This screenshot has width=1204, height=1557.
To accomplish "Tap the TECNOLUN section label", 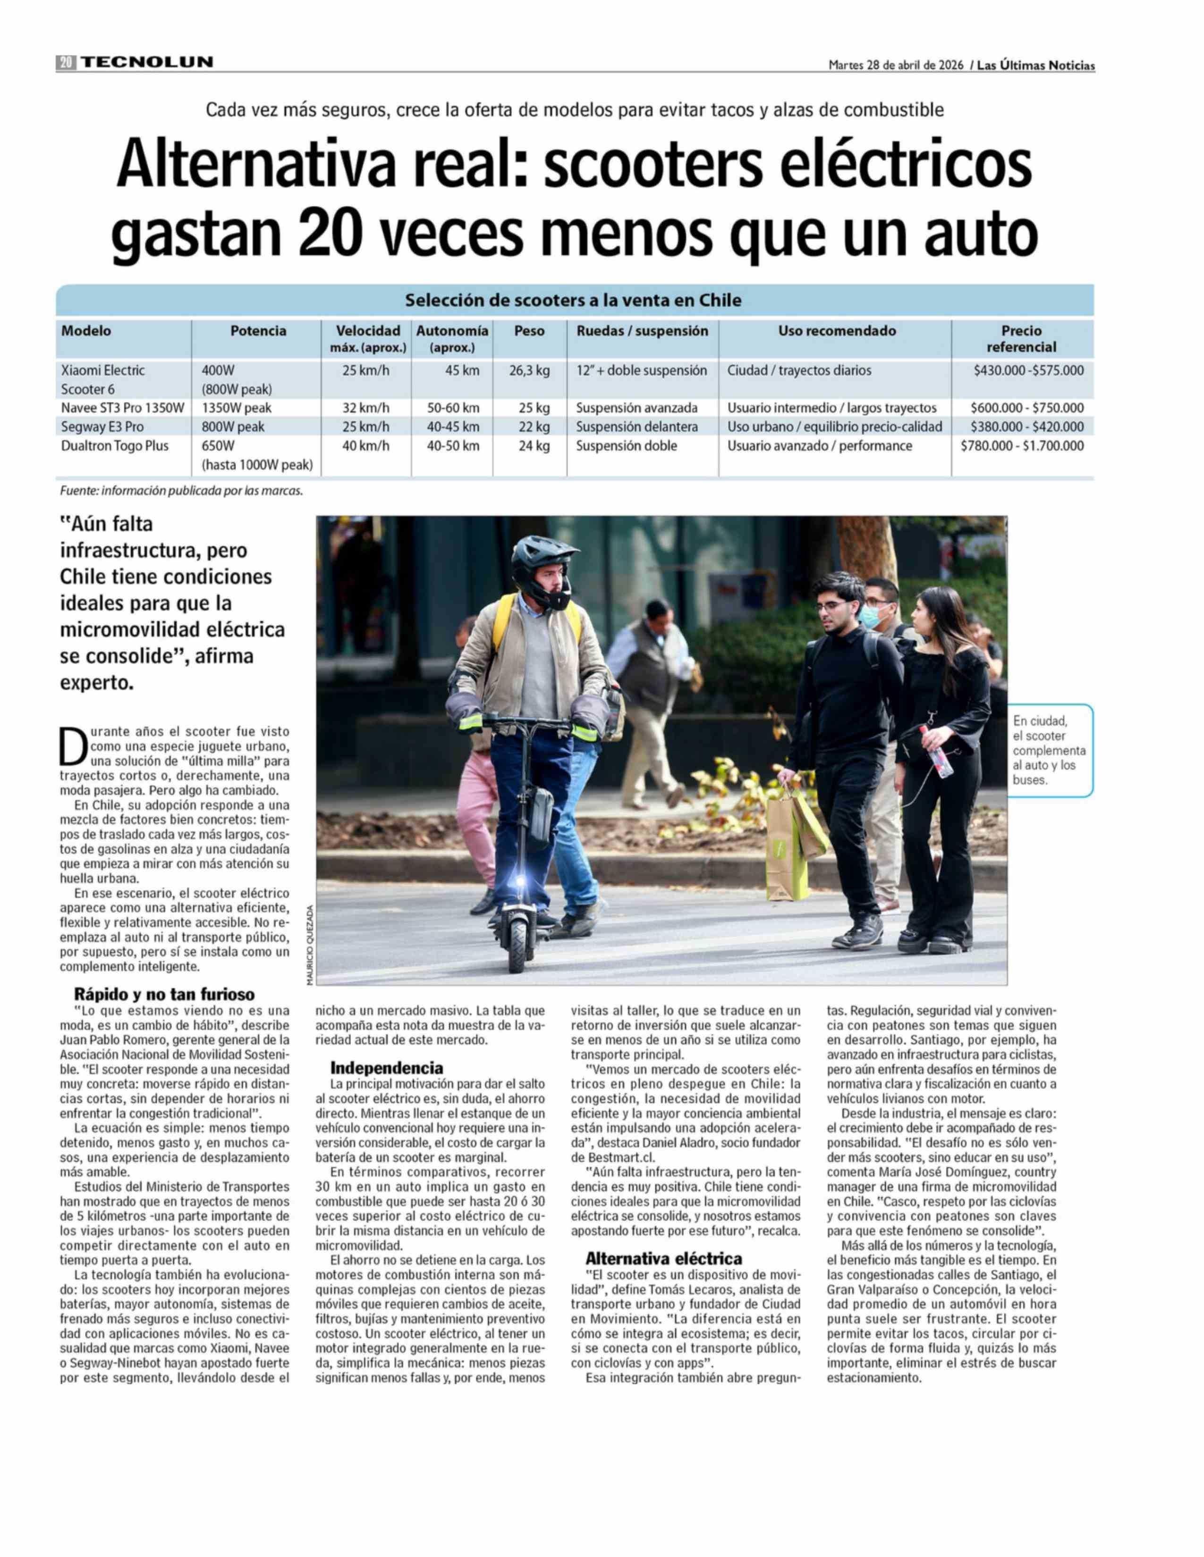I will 146,62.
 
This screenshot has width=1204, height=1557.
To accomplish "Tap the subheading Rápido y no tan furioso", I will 164,994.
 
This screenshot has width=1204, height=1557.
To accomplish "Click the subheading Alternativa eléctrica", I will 663,1258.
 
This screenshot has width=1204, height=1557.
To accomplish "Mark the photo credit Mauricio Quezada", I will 310,945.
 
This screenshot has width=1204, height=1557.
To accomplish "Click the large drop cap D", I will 72,745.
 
